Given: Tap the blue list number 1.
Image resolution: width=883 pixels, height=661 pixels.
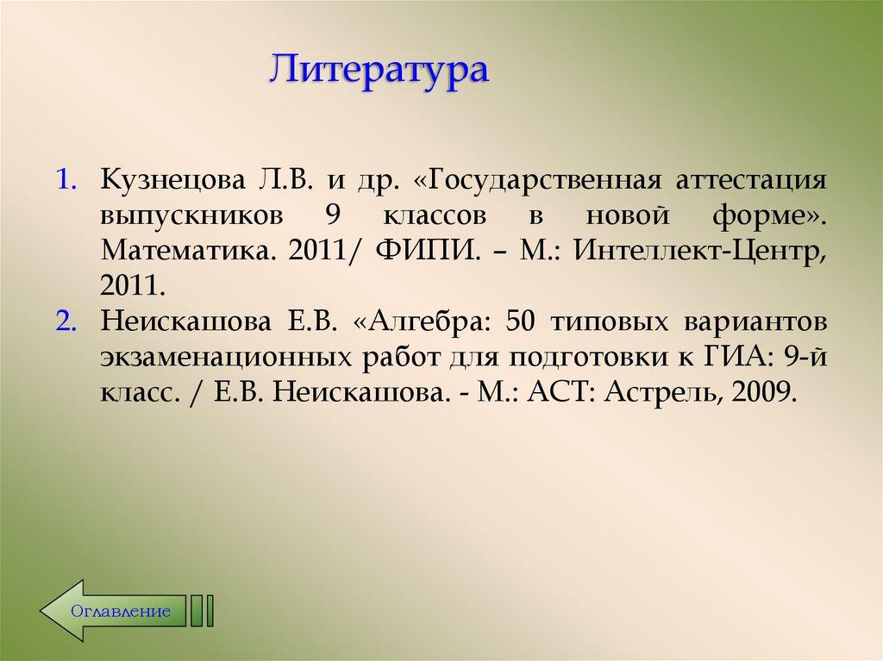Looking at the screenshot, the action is click(66, 181).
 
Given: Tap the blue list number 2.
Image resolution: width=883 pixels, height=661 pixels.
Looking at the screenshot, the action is click(66, 322).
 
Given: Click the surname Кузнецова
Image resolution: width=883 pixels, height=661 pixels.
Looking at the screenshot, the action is click(173, 181).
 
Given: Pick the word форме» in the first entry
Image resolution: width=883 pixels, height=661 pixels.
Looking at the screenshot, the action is click(769, 215).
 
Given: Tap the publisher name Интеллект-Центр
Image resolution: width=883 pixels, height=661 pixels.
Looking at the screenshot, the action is click(700, 251).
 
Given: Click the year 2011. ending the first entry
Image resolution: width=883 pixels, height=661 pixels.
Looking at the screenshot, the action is click(133, 286).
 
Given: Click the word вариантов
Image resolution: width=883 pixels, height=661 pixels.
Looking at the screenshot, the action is click(755, 322).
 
